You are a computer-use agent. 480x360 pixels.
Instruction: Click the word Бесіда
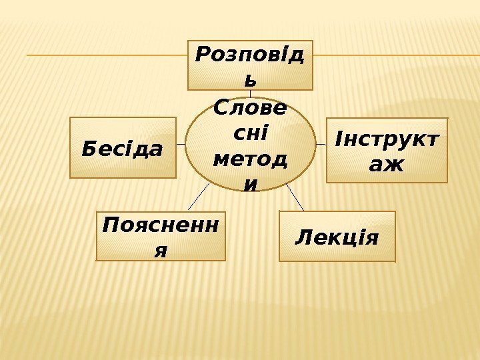tap(122, 149)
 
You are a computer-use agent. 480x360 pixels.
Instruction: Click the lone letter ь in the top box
tap(249, 80)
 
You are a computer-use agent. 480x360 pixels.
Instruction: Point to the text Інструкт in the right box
tap(387, 141)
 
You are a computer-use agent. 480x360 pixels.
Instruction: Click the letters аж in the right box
tap(387, 164)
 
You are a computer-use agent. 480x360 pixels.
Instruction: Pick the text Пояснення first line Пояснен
tap(161, 226)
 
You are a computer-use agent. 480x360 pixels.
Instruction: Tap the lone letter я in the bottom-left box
tap(160, 250)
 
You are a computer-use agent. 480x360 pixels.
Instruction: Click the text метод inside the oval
tap(250, 159)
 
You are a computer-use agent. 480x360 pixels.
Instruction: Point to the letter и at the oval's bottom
tap(250, 183)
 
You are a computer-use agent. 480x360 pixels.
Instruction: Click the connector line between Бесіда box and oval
tap(181, 144)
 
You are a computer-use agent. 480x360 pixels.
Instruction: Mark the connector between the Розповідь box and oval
tap(250, 93)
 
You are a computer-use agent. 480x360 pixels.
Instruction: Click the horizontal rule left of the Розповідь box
tap(107, 55)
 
